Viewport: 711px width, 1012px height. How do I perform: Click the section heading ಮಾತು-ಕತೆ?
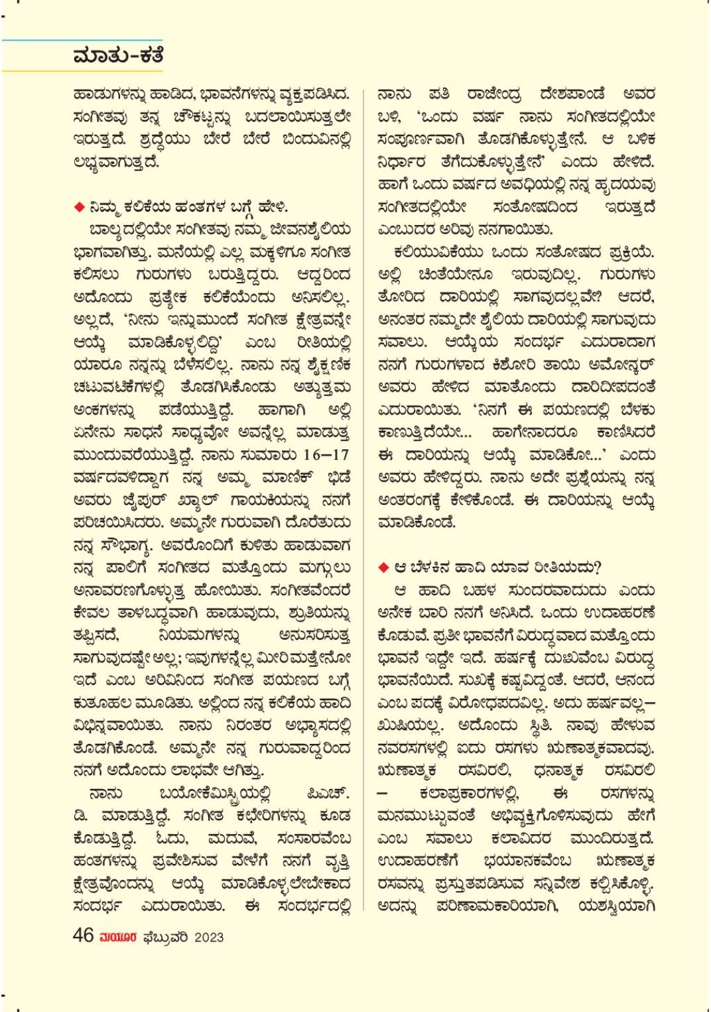point(118,56)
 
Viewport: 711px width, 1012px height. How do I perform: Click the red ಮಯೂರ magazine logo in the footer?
point(118,937)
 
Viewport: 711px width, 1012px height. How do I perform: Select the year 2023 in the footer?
point(210,937)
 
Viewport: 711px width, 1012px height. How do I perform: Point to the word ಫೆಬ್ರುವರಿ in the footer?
point(166,937)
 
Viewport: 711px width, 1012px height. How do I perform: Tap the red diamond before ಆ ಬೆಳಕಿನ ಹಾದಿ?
point(383,568)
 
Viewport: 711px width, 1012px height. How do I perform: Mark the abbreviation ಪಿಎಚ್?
point(328,794)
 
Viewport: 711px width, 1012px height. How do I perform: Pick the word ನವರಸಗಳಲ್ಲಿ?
point(412,749)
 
